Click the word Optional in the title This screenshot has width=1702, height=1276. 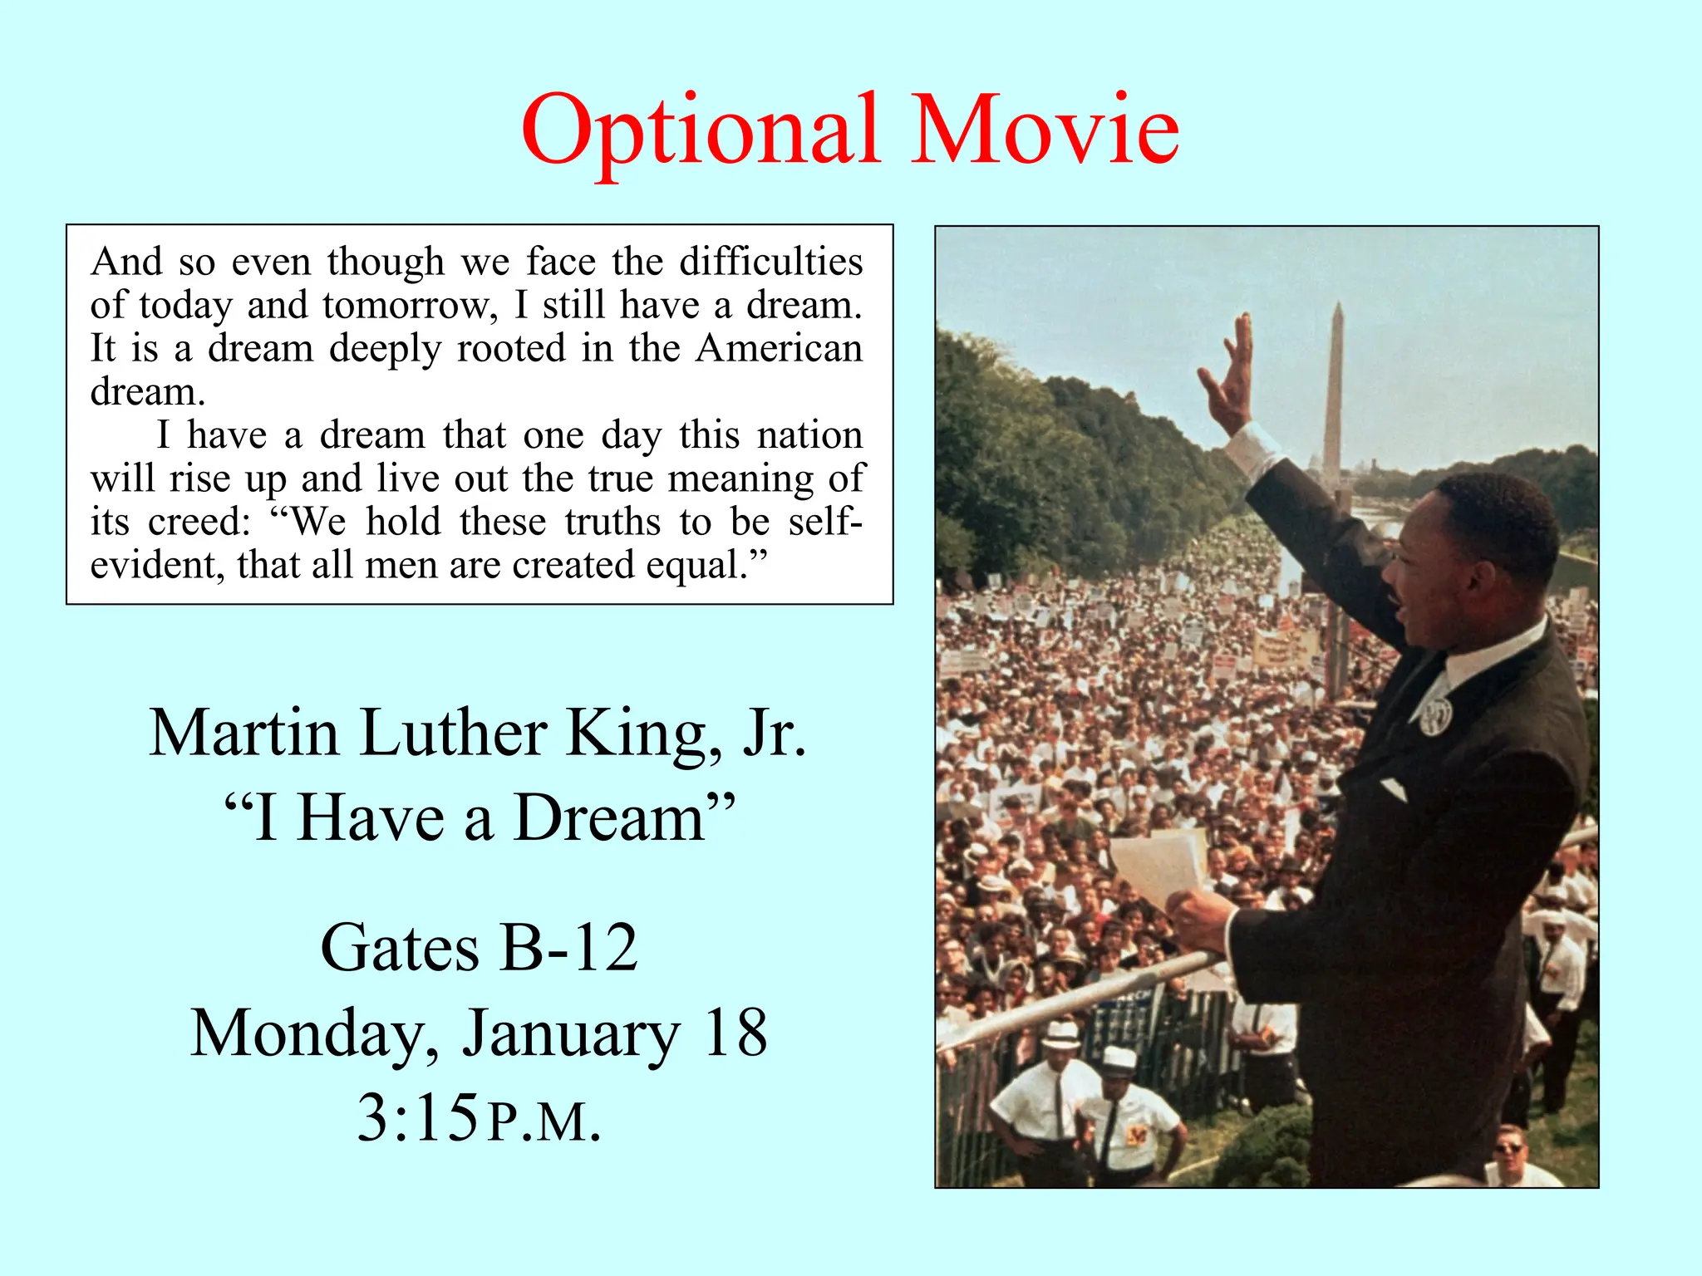point(701,131)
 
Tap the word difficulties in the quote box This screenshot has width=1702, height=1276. point(770,262)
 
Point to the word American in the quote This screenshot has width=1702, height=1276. point(779,348)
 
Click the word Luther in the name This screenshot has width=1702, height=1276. point(453,734)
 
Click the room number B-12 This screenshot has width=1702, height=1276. point(569,948)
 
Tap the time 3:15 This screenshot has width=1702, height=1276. point(418,1118)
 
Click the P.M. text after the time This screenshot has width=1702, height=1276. point(544,1122)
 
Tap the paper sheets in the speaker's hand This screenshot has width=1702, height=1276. point(1159,864)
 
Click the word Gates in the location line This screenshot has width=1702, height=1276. point(399,948)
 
